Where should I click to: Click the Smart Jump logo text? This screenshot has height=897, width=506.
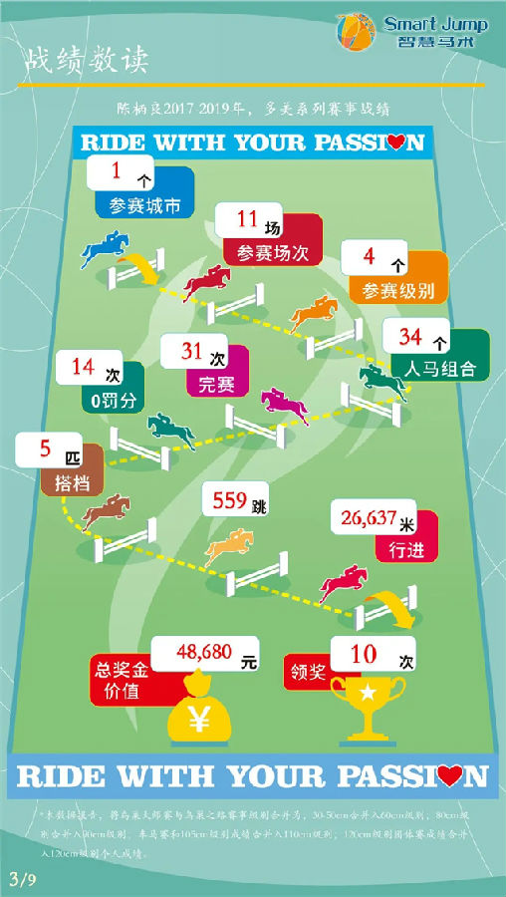[x=434, y=23]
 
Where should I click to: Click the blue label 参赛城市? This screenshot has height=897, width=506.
[x=144, y=207]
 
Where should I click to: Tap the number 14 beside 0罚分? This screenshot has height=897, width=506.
[x=83, y=367]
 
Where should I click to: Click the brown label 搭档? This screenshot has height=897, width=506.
[x=72, y=481]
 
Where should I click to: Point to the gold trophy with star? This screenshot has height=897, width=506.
[x=369, y=703]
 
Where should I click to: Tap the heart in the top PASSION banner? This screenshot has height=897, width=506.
[x=397, y=144]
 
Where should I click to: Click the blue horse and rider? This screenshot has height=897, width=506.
[x=107, y=248]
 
